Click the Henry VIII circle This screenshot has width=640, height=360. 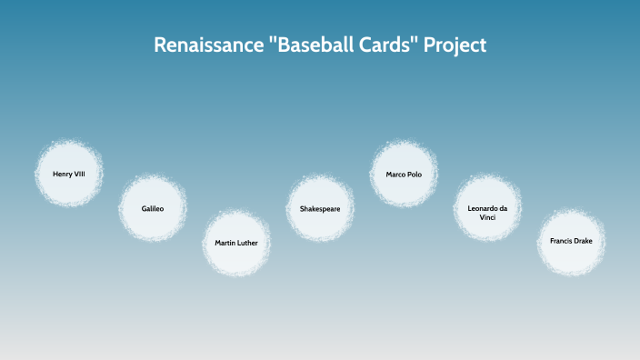[69, 174]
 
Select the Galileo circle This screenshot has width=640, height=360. [153, 208]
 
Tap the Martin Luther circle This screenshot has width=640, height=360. [236, 244]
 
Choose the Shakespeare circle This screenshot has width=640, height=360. [320, 208]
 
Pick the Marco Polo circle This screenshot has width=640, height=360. [404, 174]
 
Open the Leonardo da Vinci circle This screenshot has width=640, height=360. [487, 208]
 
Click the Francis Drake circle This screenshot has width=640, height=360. [571, 242]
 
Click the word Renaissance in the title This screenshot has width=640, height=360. [204, 45]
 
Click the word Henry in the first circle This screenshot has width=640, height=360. [63, 174]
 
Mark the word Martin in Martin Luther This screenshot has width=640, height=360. [226, 244]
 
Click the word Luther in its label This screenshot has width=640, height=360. [248, 244]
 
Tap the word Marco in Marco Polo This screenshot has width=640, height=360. [396, 174]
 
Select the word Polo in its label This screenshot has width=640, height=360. [415, 174]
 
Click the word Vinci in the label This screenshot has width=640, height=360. [487, 216]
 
